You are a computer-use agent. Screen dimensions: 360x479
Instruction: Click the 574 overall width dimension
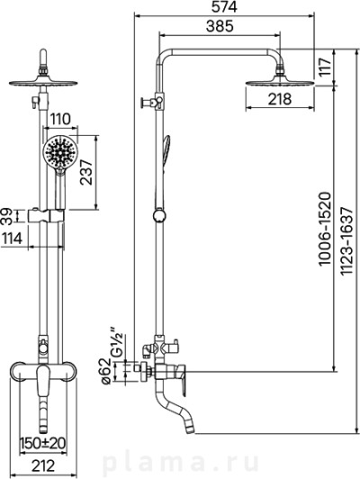coord(224,7)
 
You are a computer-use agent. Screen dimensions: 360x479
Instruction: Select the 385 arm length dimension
coord(220,26)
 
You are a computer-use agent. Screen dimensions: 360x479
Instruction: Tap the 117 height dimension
coord(326,67)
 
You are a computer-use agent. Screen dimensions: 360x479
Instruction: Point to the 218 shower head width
coord(280,99)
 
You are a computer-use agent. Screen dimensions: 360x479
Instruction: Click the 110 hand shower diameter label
coord(60,119)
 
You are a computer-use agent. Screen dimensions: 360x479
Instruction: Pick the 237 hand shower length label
coord(86,172)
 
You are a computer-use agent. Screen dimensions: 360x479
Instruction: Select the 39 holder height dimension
coord(6,217)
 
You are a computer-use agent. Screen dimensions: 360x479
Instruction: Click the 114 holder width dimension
coord(13,239)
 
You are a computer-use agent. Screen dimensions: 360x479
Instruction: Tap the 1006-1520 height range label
coord(324,229)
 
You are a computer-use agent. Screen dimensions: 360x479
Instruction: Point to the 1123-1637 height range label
coord(346,241)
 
